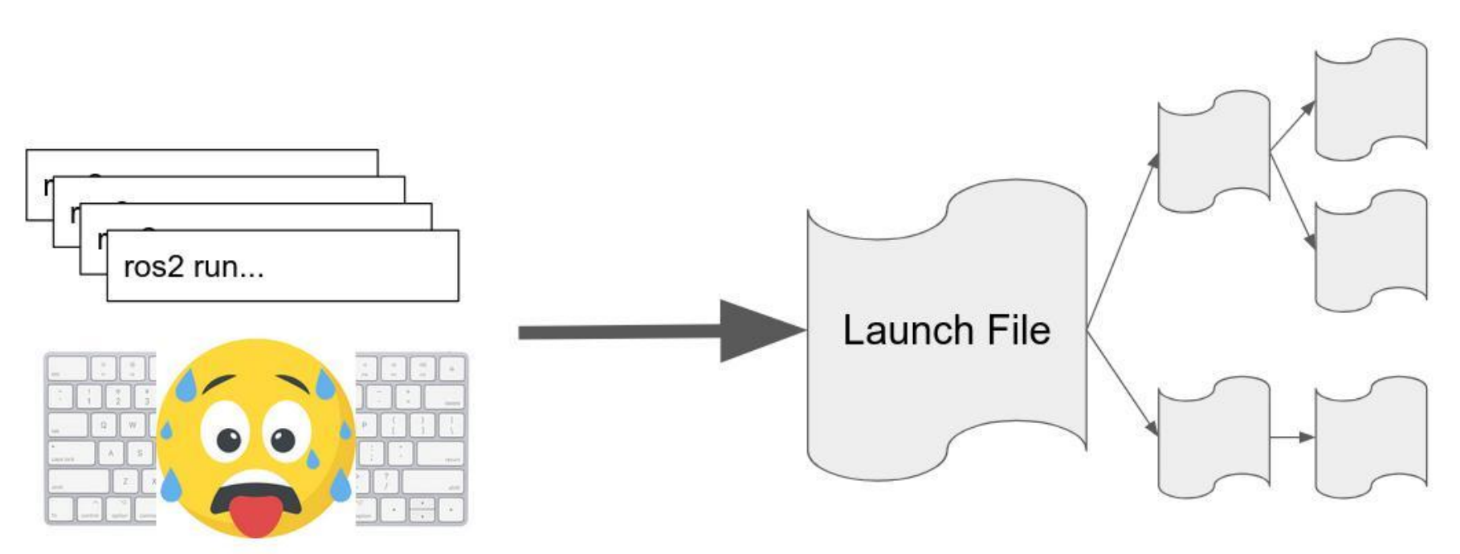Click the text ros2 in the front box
(x=153, y=267)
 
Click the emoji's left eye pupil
(x=230, y=439)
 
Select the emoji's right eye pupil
(x=283, y=439)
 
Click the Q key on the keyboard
(x=103, y=425)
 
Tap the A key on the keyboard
(x=111, y=453)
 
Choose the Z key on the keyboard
(x=125, y=482)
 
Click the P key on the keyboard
(x=364, y=425)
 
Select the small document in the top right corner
(x=1370, y=100)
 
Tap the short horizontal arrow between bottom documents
(x=1292, y=438)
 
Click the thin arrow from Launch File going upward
(x=1123, y=241)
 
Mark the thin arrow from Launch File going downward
(x=1123, y=384)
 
